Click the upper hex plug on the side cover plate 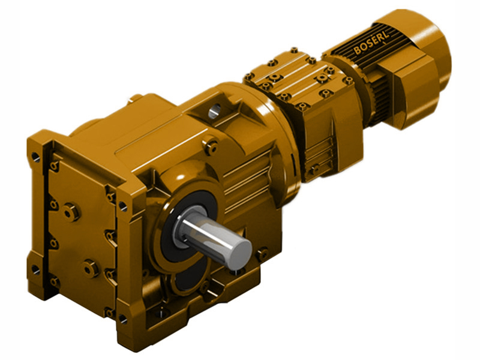pos(71,211)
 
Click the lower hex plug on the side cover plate pos(91,268)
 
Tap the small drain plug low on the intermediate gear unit pos(313,170)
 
